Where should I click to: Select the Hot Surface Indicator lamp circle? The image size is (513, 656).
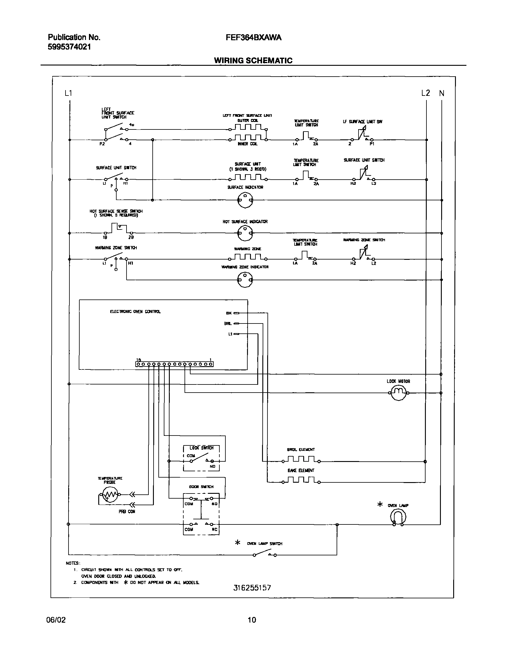tap(245, 233)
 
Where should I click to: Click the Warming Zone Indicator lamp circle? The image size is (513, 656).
tap(245, 280)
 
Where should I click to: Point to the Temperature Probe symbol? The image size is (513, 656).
tap(109, 494)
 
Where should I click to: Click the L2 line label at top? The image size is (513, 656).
tap(426, 93)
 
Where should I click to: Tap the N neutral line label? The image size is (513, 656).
tap(441, 93)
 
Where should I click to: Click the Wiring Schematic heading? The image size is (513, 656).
tap(253, 61)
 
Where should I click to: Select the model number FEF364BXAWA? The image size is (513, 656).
tap(253, 38)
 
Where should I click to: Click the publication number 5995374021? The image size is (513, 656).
tap(69, 47)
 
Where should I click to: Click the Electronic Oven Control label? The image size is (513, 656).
tap(135, 311)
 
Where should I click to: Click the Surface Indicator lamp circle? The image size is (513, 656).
tap(245, 200)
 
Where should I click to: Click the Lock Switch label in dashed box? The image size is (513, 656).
tap(201, 448)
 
